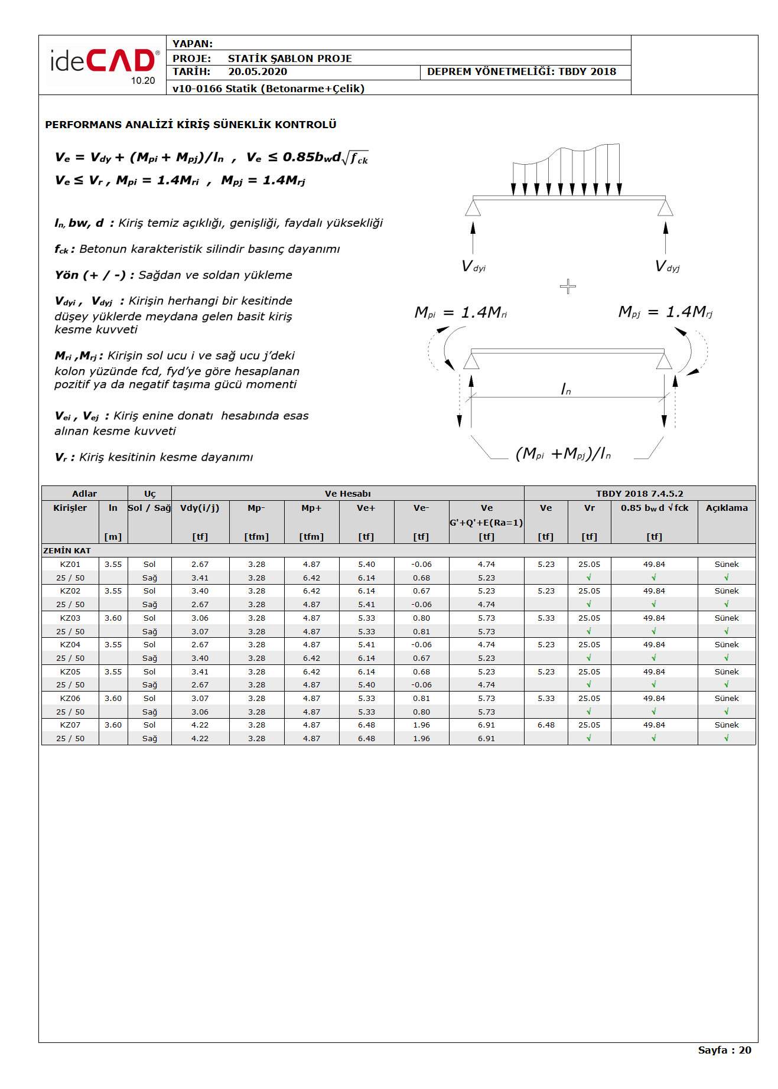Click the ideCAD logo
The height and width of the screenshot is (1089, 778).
[x=104, y=64]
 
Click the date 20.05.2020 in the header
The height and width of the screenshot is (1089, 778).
[x=258, y=72]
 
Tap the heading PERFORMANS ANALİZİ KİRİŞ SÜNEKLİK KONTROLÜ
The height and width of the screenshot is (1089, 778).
[x=191, y=125]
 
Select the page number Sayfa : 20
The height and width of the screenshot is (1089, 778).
[x=724, y=1050]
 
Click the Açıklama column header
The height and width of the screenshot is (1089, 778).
[x=726, y=508]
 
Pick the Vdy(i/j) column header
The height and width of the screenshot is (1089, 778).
[x=200, y=508]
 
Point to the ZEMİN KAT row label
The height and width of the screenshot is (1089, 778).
[x=67, y=550]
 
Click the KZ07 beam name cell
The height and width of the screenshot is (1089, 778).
[x=70, y=725]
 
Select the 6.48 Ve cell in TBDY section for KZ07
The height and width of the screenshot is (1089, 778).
[x=546, y=725]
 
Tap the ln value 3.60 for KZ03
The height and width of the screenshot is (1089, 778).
[x=113, y=618]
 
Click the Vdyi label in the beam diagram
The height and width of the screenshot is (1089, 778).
[x=473, y=266]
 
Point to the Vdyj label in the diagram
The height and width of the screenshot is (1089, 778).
[x=668, y=266]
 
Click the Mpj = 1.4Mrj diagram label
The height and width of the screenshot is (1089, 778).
[x=665, y=312]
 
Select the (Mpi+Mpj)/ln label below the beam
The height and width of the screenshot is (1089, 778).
[x=563, y=454]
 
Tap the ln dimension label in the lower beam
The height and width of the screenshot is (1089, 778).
[x=565, y=389]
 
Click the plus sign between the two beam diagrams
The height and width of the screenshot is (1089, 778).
[x=568, y=286]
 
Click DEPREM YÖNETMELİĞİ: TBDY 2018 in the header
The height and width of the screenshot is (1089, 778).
[x=521, y=72]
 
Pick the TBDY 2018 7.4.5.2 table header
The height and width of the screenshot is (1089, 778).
[x=639, y=494]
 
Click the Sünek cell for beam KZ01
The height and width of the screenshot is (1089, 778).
[x=726, y=565]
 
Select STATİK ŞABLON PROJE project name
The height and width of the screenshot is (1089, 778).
[x=289, y=58]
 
